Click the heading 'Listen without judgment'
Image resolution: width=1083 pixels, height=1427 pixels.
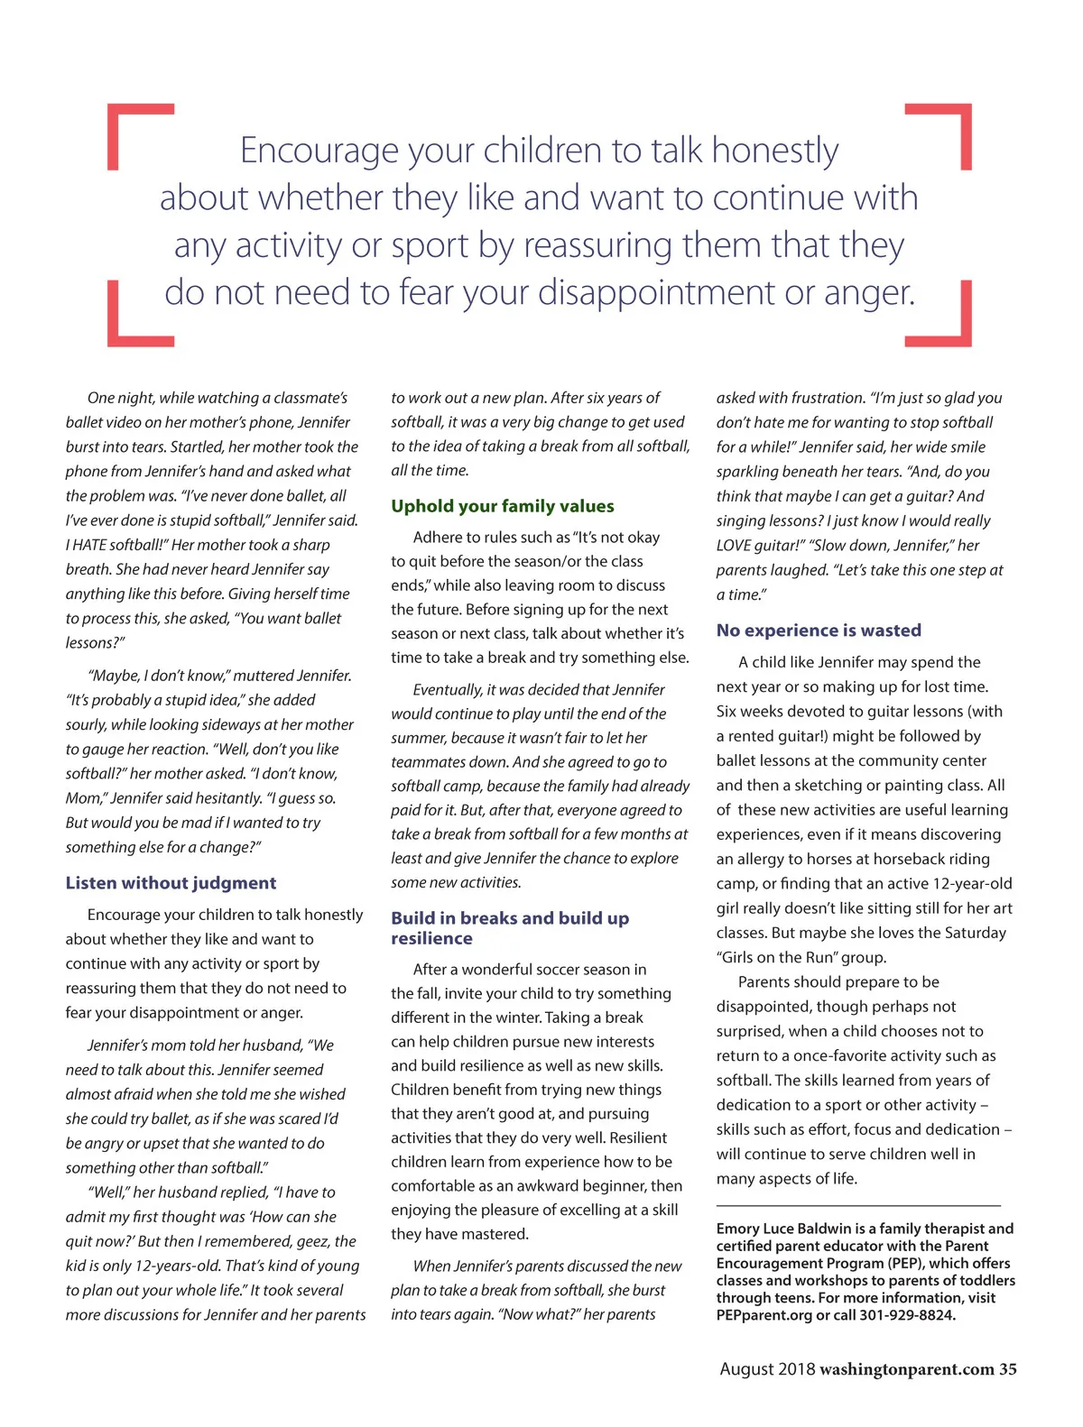point(171,883)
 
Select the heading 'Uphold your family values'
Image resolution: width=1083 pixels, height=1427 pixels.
point(502,506)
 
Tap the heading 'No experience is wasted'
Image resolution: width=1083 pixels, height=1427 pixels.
point(819,631)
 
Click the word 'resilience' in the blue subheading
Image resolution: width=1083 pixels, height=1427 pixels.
point(431,939)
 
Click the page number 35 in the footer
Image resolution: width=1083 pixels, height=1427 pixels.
point(1007,1369)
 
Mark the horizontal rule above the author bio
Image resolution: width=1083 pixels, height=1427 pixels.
point(858,1205)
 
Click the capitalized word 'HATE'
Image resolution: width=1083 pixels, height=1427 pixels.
point(91,545)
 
